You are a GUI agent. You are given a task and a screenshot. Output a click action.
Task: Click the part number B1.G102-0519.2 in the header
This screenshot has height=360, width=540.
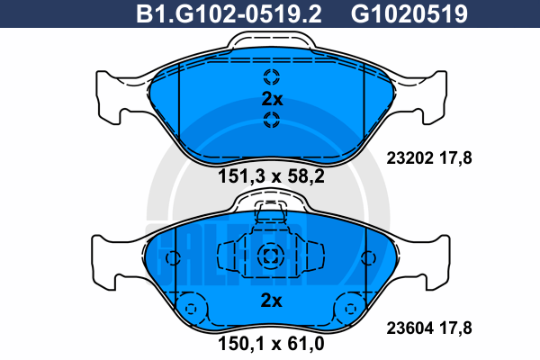click(x=229, y=13)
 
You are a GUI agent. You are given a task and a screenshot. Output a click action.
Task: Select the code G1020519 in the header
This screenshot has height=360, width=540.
click(x=409, y=13)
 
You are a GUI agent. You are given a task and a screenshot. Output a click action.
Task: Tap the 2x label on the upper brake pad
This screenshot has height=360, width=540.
click(x=272, y=99)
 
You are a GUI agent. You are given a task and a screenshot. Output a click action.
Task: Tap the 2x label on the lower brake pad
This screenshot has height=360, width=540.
click(x=272, y=301)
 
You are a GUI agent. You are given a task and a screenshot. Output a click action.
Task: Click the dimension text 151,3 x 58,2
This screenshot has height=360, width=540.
click(x=272, y=176)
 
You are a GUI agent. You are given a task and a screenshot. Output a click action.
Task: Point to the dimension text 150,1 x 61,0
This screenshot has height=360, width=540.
click(x=272, y=344)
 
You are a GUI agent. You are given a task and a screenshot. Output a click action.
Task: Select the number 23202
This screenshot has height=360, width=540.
click(x=409, y=158)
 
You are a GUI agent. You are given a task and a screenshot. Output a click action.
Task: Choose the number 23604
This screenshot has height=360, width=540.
click(x=409, y=328)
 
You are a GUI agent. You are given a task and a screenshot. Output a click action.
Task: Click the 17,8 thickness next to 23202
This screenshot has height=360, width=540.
click(x=455, y=158)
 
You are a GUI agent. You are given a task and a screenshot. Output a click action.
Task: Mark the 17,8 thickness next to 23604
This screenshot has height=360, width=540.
click(x=455, y=328)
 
